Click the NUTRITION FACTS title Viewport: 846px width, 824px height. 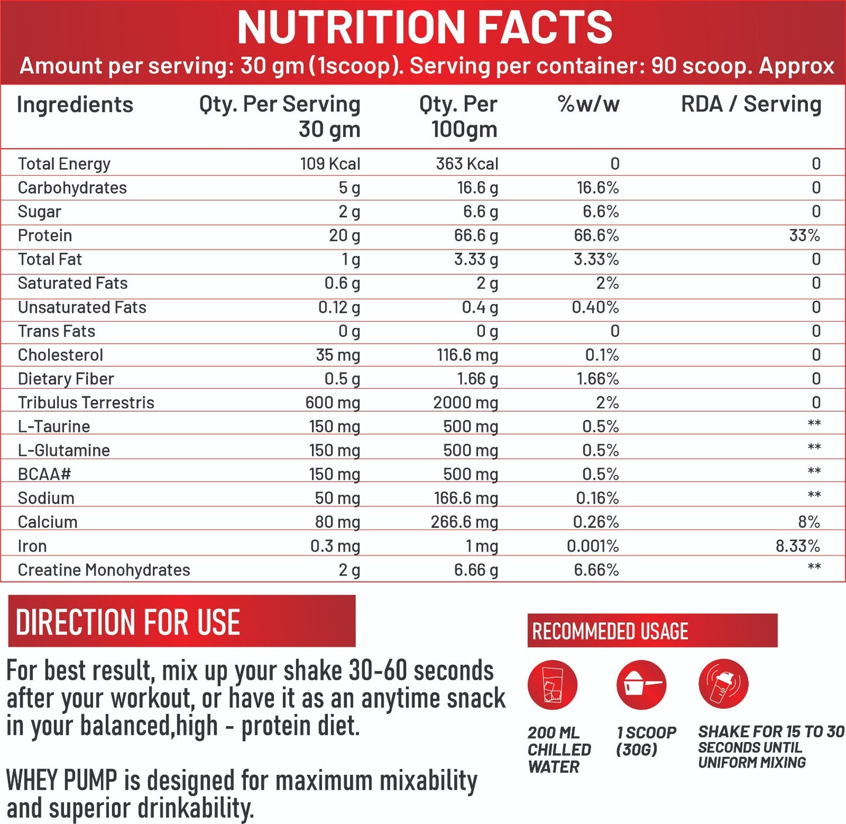pyautogui.click(x=424, y=28)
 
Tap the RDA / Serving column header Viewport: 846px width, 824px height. pyautogui.click(x=751, y=104)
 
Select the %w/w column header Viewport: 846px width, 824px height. pyautogui.click(x=588, y=104)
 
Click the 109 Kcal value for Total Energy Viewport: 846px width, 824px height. pyautogui.click(x=330, y=164)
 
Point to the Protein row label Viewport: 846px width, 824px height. pyautogui.click(x=45, y=235)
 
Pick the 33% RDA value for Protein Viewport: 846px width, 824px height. pyautogui.click(x=804, y=235)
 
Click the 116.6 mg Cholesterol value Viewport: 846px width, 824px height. pyautogui.click(x=467, y=355)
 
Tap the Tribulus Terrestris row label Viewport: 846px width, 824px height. pyautogui.click(x=86, y=403)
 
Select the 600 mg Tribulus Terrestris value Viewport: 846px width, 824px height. pyautogui.click(x=333, y=403)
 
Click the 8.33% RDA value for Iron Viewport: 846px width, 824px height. pyautogui.click(x=797, y=546)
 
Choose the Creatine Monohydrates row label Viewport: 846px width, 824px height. pyautogui.click(x=104, y=570)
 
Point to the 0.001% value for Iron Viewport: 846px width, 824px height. pyautogui.click(x=592, y=546)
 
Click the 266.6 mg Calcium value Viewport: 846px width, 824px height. pyautogui.click(x=464, y=522)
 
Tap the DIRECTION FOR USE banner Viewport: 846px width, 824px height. pyautogui.click(x=181, y=621)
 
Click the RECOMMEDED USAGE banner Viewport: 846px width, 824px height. pyautogui.click(x=652, y=631)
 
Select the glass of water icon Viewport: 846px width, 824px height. pyautogui.click(x=552, y=685)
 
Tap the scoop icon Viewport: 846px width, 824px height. pyautogui.click(x=641, y=685)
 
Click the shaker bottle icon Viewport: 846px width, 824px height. pyautogui.click(x=723, y=683)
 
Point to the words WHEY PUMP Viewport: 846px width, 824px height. pyautogui.click(x=61, y=781)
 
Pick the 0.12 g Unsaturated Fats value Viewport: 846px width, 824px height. pyautogui.click(x=339, y=307)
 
